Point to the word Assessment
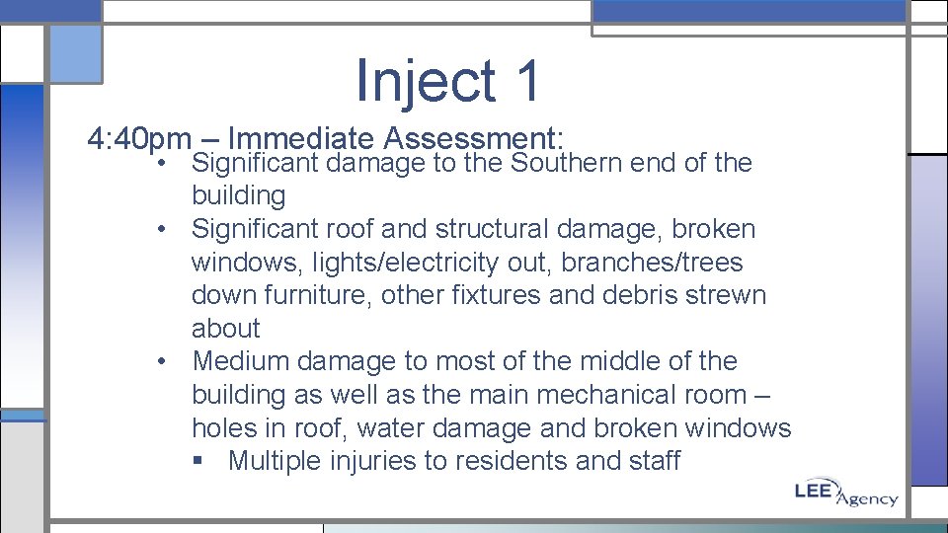pos(473,138)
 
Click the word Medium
pos(242,361)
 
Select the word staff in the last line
pos(656,461)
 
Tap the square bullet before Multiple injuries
pos(203,462)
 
